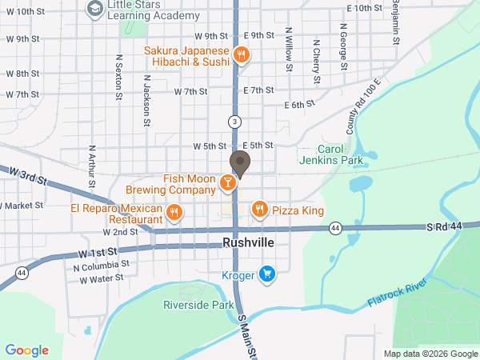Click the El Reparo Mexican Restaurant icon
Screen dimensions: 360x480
175,213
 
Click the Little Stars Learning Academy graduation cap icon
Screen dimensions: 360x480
94,8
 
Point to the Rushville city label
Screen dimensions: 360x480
247,242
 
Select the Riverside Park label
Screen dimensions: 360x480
198,305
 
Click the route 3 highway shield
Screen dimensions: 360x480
234,122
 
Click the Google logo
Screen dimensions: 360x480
27,350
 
